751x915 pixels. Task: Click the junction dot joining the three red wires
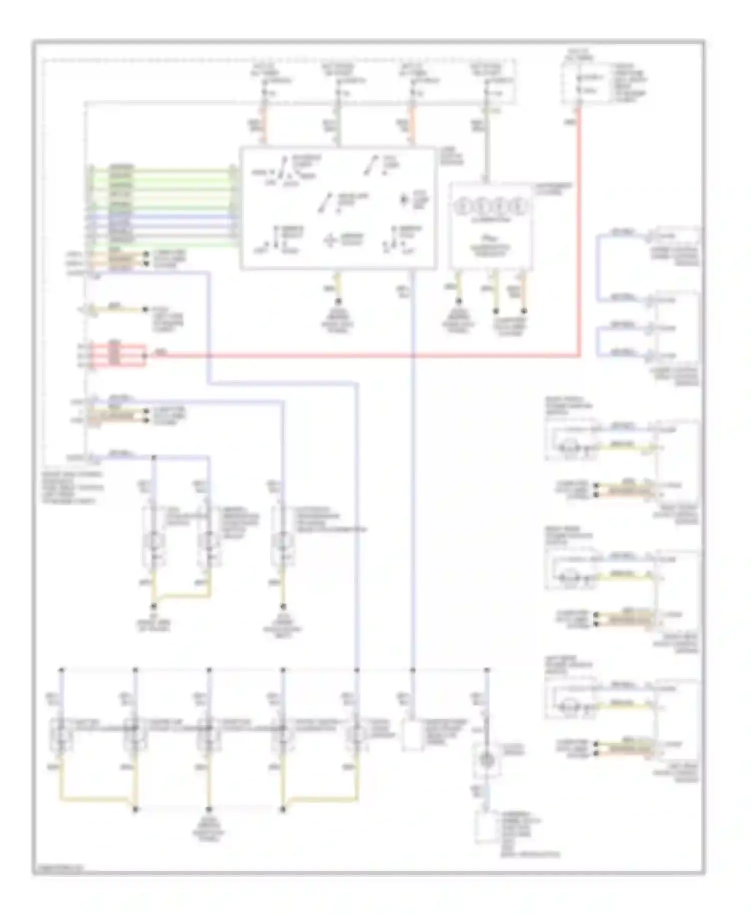tap(145, 355)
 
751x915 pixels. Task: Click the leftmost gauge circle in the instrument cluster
tap(462, 206)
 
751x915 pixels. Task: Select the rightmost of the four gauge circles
tap(521, 206)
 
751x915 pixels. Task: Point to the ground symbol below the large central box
tap(338, 302)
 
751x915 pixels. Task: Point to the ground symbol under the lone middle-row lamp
tap(283, 606)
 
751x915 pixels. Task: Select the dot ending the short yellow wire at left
tap(146, 310)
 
